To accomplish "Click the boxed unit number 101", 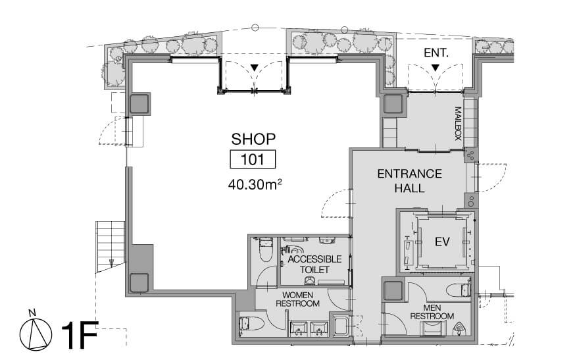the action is point(253,159).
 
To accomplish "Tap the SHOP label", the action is point(253,139).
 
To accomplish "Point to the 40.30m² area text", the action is point(255,184).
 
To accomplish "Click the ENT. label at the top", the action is point(436,53).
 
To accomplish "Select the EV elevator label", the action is point(442,242).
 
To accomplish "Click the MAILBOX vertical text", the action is point(458,124).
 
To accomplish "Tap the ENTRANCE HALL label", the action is point(410,180).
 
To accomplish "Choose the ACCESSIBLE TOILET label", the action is point(314,264).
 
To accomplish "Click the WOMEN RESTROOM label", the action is point(297,299).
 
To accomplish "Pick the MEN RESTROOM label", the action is point(432,312).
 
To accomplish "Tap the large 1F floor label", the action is point(80,335).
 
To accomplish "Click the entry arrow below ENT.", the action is point(436,68).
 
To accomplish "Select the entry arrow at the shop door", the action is point(255,68).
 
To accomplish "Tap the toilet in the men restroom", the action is point(459,290).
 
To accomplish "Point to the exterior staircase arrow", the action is point(111,263).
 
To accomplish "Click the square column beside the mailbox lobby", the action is point(393,104).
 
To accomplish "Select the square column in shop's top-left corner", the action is point(139,103).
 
